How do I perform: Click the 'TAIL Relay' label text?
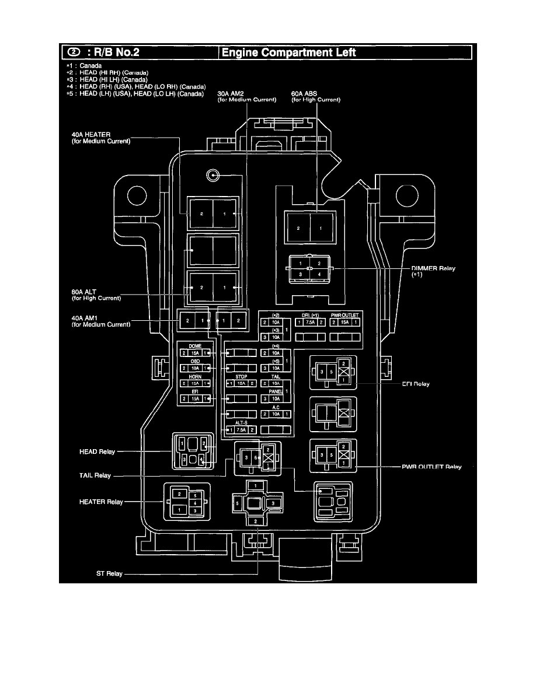coord(94,475)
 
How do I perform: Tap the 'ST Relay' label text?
coord(109,573)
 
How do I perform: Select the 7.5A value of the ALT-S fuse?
coord(241,430)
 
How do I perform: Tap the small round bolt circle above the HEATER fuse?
coord(214,175)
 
